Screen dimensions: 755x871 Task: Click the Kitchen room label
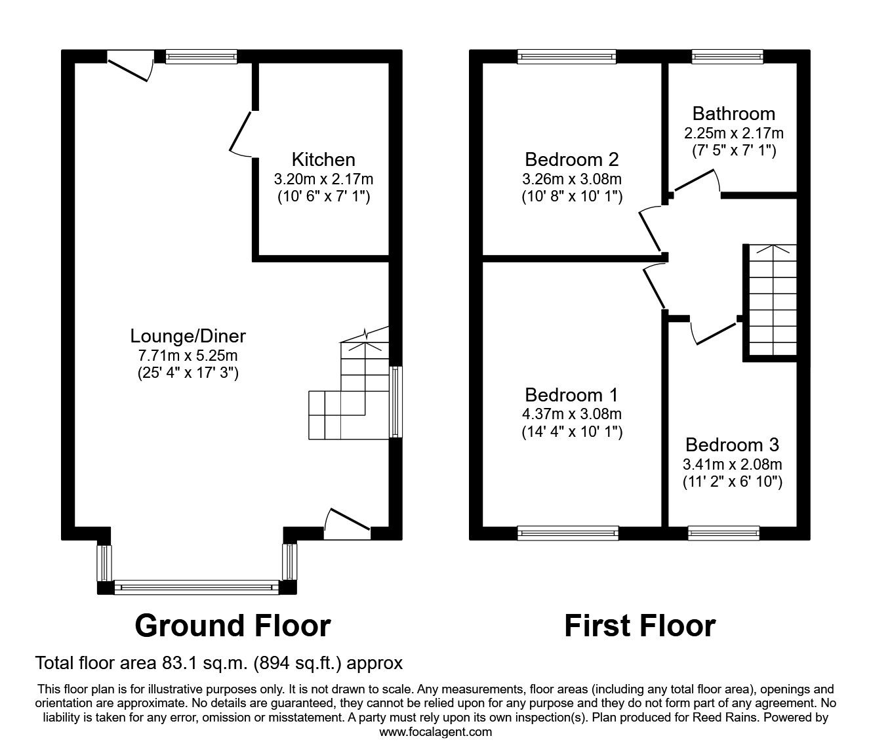coord(323,159)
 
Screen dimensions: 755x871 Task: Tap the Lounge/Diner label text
coord(188,336)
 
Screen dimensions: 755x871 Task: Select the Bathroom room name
coord(733,113)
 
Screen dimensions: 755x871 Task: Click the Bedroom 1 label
coord(571,395)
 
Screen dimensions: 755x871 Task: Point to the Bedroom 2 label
coord(571,159)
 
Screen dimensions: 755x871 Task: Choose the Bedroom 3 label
coord(732,445)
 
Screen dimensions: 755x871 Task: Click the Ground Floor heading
coord(232,626)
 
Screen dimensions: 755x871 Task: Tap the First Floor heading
coord(639,626)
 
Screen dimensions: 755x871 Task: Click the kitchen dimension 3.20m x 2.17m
coord(323,178)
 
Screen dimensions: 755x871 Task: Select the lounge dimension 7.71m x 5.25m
coord(188,356)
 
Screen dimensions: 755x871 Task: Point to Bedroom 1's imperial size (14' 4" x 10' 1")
coord(571,432)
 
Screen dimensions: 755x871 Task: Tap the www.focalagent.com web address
coord(436,732)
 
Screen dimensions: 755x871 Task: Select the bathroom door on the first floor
coord(695,180)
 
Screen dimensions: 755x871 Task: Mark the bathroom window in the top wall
coord(727,57)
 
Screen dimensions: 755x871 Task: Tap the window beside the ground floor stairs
coord(395,401)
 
